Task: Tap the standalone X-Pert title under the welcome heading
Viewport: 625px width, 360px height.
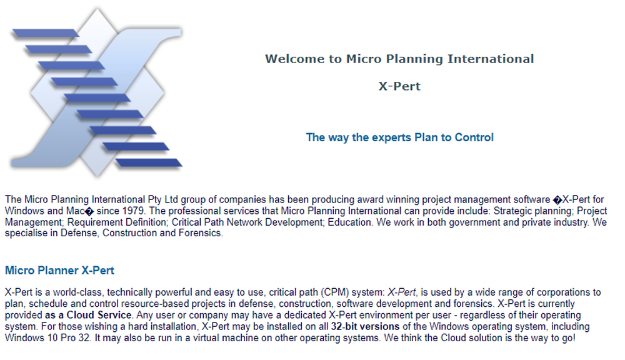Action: pos(399,86)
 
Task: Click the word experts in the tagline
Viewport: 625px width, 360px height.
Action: pos(391,137)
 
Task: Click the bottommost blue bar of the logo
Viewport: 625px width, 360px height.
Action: pos(150,162)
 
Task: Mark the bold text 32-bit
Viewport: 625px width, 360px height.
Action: pos(344,326)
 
